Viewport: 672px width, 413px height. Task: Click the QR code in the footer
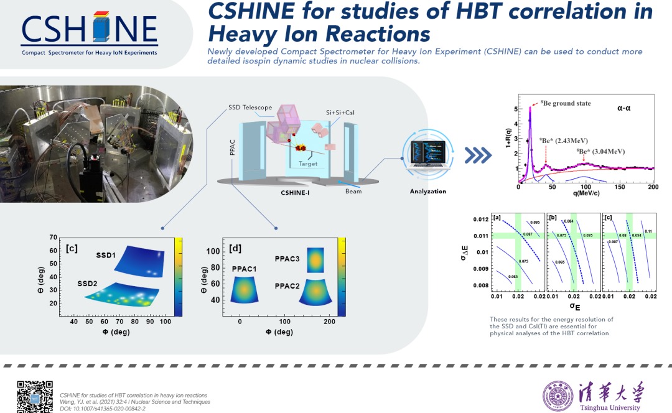coord(32,396)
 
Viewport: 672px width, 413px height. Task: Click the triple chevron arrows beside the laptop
coord(478,155)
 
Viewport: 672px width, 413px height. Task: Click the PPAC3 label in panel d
coord(288,258)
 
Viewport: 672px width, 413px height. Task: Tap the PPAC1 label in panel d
coord(245,269)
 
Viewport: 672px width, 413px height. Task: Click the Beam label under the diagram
coord(353,192)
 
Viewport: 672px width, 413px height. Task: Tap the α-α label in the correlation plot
coord(625,108)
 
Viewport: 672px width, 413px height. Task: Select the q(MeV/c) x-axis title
coord(586,193)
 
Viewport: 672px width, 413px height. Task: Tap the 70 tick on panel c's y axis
coord(54,237)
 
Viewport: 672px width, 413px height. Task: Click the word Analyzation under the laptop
coord(427,191)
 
